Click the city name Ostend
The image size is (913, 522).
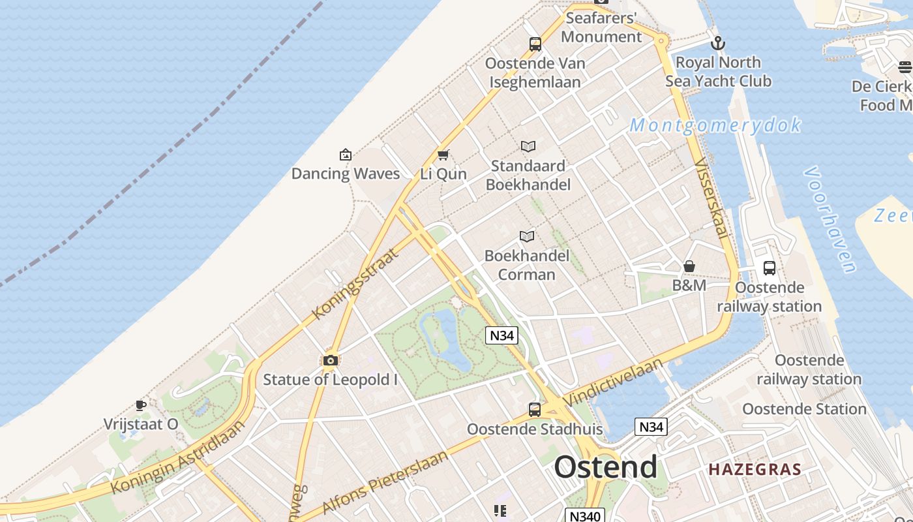606,467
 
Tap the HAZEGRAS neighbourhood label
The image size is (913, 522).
755,469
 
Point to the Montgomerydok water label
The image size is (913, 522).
715,125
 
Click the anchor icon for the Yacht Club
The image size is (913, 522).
718,44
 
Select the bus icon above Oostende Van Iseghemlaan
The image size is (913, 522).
535,44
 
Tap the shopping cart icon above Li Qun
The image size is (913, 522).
443,155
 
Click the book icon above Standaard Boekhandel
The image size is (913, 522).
528,147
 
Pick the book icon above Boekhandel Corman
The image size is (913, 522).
527,236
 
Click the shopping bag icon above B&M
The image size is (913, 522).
689,266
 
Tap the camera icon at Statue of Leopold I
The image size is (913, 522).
331,360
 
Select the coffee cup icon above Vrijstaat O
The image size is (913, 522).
140,405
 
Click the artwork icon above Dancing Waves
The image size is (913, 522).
346,155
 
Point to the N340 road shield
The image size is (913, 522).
585,515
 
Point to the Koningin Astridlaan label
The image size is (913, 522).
177,457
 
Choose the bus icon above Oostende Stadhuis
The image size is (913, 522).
535,410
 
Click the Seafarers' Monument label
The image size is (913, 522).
601,27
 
